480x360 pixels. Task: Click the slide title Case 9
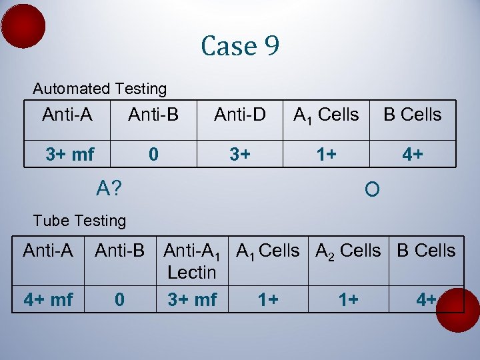[240, 46]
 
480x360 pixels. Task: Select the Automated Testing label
[100, 89]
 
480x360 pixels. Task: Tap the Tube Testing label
[79, 221]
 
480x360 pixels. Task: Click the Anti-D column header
[240, 115]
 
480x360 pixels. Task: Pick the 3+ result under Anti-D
[240, 155]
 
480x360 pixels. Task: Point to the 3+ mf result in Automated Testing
[69, 155]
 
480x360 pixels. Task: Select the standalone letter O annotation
[372, 191]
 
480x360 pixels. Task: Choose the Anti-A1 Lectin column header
[191, 261]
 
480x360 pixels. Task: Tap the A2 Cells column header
[348, 251]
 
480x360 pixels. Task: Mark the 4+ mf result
[48, 300]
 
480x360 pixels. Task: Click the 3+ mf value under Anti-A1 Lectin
[192, 300]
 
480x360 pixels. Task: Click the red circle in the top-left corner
[23, 26]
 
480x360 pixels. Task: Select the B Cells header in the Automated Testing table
[412, 115]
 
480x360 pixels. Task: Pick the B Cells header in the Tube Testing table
[426, 251]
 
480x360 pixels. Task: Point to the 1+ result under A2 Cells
[348, 300]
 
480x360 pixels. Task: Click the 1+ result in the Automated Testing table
[326, 155]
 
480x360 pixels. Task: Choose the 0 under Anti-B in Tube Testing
[119, 300]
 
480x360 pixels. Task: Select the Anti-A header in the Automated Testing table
[67, 115]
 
